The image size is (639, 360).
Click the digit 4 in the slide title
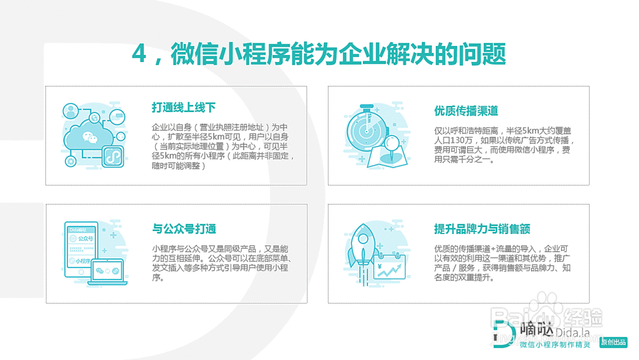click(x=139, y=54)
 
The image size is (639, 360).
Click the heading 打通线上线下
click(x=183, y=107)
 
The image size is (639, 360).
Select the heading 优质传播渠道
click(x=466, y=111)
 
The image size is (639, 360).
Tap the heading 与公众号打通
click(x=184, y=229)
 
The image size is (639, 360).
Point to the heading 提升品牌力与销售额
click(x=482, y=229)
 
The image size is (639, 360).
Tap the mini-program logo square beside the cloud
click(x=112, y=156)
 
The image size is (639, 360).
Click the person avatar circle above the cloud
click(x=70, y=111)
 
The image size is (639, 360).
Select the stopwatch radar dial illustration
click(x=366, y=131)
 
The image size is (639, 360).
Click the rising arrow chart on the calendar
click(x=390, y=270)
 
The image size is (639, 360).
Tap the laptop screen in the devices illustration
click(x=107, y=270)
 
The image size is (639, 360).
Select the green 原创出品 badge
click(x=613, y=342)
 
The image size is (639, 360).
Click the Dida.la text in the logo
click(x=573, y=333)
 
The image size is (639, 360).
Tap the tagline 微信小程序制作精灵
click(x=555, y=345)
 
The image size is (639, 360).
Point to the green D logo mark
click(x=504, y=334)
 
